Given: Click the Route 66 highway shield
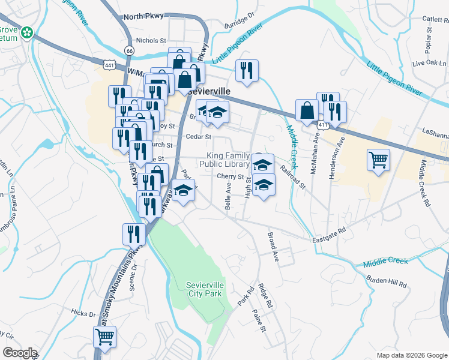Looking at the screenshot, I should (130, 50).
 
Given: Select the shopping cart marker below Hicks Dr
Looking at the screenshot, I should (104, 338).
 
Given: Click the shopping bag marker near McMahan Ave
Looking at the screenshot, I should (307, 110).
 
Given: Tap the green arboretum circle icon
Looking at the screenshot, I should (26, 32).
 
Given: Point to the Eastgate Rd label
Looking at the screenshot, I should (330, 233).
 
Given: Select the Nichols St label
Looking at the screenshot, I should (151, 40).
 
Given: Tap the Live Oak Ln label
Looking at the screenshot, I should (430, 62).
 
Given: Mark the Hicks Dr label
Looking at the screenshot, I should (83, 313).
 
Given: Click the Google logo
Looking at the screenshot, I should (20, 353).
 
